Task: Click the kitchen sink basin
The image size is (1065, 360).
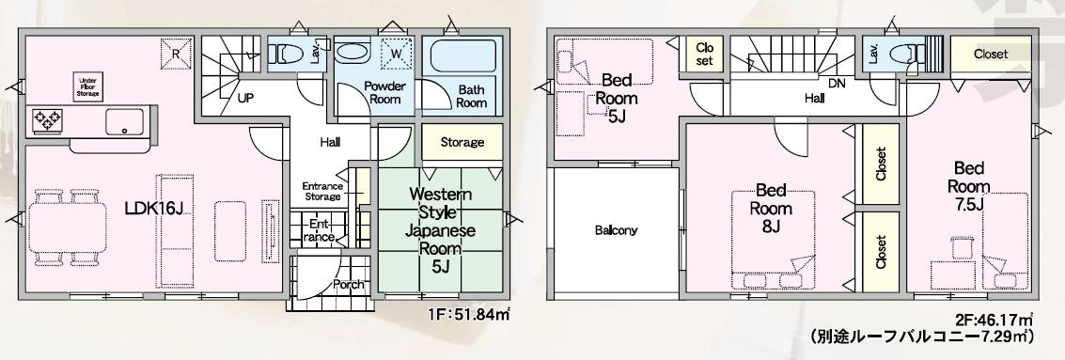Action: [x=124, y=121]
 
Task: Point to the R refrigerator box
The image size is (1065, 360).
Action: [x=176, y=54]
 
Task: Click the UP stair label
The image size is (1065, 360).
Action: [x=245, y=97]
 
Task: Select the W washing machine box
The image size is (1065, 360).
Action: [x=396, y=54]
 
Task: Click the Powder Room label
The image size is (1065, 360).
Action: [x=384, y=92]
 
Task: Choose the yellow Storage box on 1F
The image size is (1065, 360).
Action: [x=462, y=142]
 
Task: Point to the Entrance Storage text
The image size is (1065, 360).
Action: [x=322, y=192]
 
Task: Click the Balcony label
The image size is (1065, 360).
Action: [x=616, y=230]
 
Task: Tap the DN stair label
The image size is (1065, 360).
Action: [x=838, y=84]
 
